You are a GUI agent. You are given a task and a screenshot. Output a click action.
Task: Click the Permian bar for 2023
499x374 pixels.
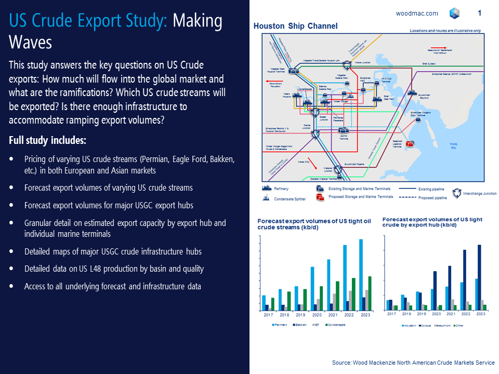pyautogui.click(x=361, y=275)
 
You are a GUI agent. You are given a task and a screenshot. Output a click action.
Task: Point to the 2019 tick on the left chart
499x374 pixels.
pyautogui.click(x=300, y=315)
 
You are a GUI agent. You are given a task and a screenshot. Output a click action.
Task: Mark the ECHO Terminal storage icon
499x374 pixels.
pyautogui.click(x=345, y=131)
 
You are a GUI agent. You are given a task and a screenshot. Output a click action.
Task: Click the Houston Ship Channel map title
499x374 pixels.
pyautogui.click(x=295, y=26)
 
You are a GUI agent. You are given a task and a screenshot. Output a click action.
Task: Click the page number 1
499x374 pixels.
pyautogui.click(x=479, y=13)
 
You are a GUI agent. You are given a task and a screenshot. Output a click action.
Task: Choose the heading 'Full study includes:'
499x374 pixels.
pyautogui.click(x=48, y=141)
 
